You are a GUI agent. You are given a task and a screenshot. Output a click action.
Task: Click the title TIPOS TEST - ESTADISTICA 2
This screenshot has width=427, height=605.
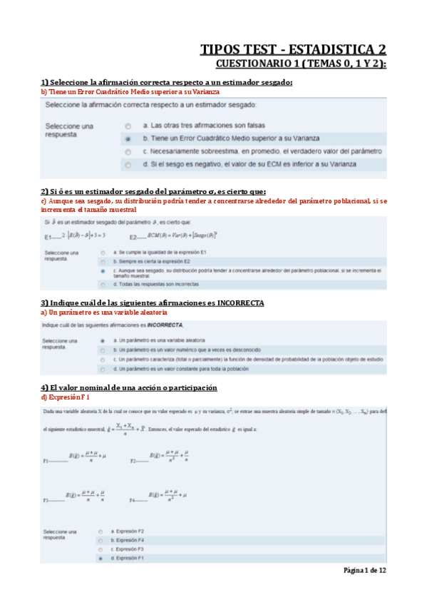point(293,49)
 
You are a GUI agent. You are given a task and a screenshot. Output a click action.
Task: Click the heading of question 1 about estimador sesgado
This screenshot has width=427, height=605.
point(167,83)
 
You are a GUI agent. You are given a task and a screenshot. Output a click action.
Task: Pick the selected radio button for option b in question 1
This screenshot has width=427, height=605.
point(128,139)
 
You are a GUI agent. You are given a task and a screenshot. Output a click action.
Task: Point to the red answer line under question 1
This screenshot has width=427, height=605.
point(130,91)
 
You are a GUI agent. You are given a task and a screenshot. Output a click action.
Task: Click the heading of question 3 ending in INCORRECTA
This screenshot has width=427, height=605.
point(152,303)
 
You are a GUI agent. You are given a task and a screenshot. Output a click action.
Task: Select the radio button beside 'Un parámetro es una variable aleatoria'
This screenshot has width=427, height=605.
point(103,341)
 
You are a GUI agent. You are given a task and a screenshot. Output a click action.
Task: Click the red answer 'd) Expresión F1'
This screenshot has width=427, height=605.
point(66,397)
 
